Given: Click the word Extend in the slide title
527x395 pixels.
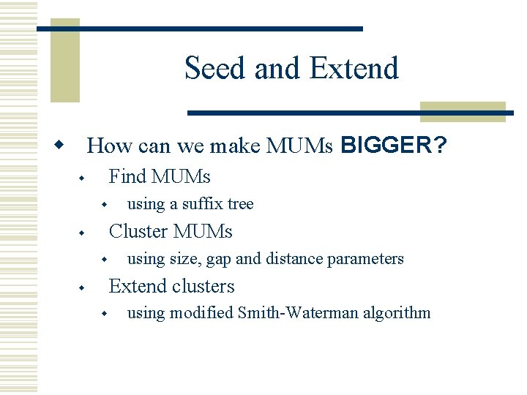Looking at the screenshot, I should pyautogui.click(x=354, y=68).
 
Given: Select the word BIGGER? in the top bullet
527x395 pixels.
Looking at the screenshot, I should pyautogui.click(x=394, y=146).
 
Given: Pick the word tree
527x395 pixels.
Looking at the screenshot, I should pyautogui.click(x=241, y=204).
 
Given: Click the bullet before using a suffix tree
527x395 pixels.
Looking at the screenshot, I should pyautogui.click(x=105, y=205).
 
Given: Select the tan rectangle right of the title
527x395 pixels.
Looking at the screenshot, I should pyautogui.click(x=463, y=111).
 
